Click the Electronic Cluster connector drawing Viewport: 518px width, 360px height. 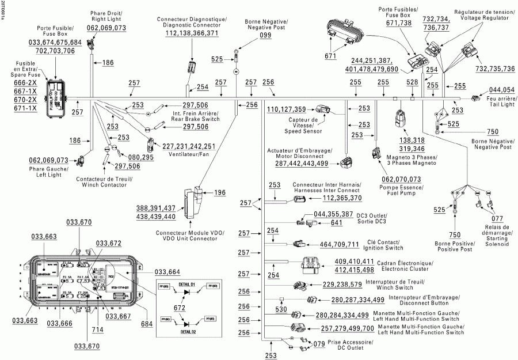click(306, 267)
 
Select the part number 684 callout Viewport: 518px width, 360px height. click(147, 324)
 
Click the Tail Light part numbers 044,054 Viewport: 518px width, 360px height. click(502, 90)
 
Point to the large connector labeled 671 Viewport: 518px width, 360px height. click(342, 33)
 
